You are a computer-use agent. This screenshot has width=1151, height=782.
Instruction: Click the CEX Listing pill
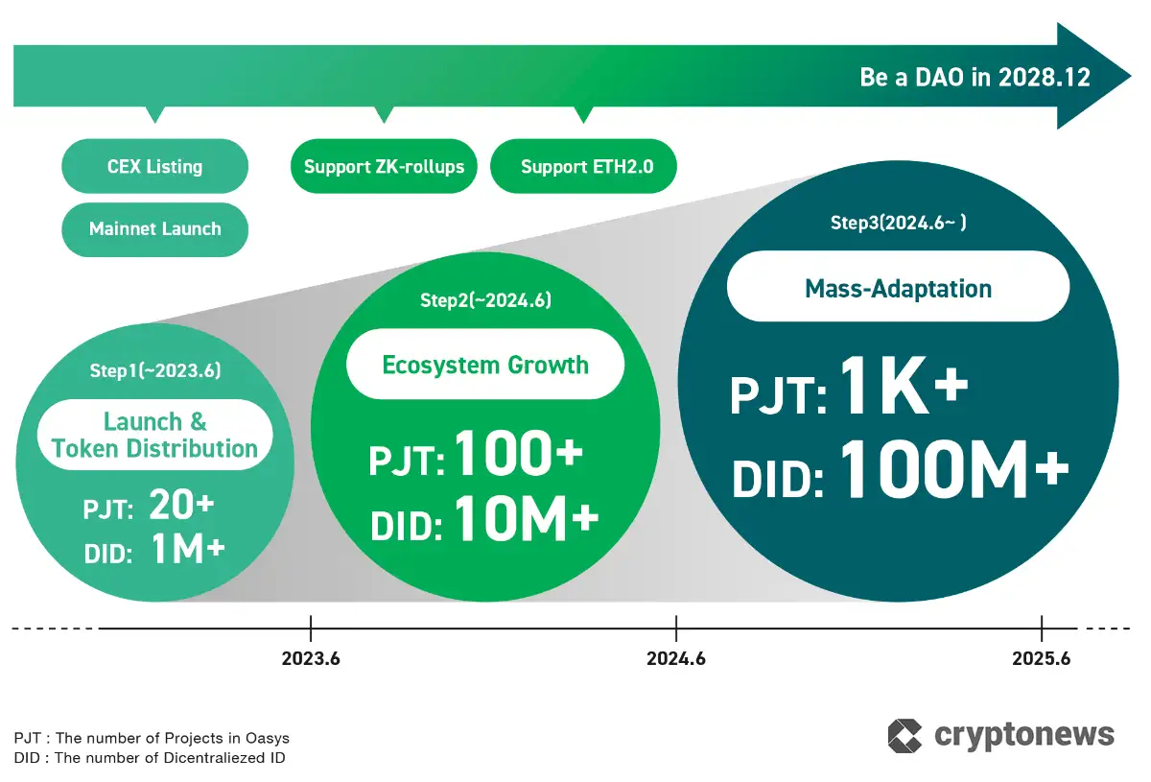pyautogui.click(x=154, y=167)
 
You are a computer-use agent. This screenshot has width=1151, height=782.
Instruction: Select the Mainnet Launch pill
pyautogui.click(x=154, y=229)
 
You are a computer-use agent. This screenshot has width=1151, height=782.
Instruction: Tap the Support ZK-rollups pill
pyautogui.click(x=384, y=167)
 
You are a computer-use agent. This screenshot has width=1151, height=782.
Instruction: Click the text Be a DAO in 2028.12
pyautogui.click(x=975, y=78)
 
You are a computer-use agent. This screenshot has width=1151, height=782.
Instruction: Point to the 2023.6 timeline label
pyautogui.click(x=311, y=659)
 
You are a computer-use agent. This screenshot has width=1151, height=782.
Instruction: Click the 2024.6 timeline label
pyautogui.click(x=676, y=659)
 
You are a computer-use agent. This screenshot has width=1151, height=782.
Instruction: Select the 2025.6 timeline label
pyautogui.click(x=1041, y=659)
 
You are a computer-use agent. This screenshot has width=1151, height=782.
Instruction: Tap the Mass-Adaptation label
pyautogui.click(x=898, y=288)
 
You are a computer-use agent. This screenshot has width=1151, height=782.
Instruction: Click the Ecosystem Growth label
pyautogui.click(x=485, y=365)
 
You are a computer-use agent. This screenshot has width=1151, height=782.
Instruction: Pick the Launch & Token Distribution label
pyautogui.click(x=154, y=435)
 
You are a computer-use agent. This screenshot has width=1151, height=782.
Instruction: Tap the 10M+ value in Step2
pyautogui.click(x=526, y=519)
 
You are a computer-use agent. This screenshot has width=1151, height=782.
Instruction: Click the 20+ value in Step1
pyautogui.click(x=181, y=507)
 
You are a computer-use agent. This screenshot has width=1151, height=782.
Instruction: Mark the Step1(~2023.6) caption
pyautogui.click(x=154, y=369)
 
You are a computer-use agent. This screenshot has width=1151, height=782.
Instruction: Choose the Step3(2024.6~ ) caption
pyautogui.click(x=898, y=224)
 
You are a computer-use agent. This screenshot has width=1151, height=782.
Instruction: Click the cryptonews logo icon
pyautogui.click(x=904, y=736)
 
